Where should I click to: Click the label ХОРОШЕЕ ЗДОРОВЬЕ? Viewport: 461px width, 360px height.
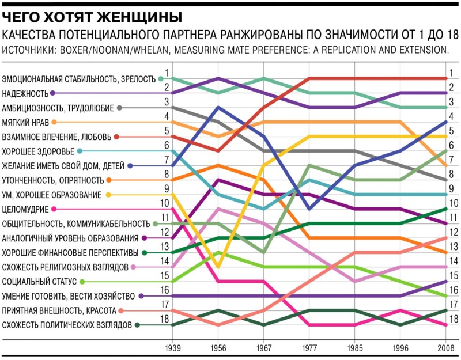click(x=38, y=151)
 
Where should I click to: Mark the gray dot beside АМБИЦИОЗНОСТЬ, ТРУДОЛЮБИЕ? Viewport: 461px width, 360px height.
click(x=119, y=108)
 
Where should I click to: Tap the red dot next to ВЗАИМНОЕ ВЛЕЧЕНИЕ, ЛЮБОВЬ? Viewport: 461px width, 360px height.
click(x=116, y=137)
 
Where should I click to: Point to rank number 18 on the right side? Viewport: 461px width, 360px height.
click(x=453, y=319)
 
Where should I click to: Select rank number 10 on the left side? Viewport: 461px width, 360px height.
click(x=165, y=203)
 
